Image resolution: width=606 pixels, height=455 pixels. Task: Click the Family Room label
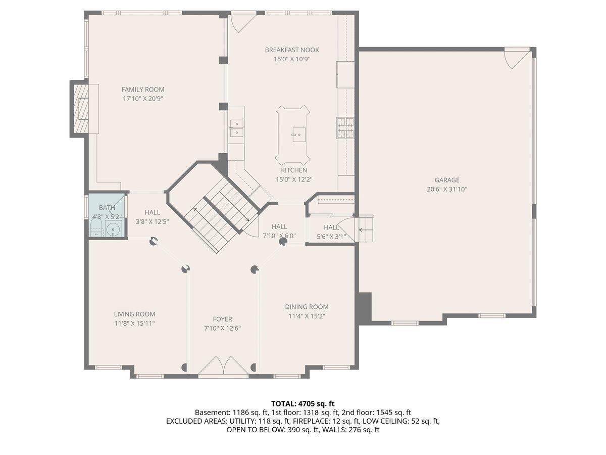142,89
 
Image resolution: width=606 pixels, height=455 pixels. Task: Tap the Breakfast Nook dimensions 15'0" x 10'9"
292,59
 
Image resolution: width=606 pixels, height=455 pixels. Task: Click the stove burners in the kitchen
345,127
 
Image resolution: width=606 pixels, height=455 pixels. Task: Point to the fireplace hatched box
81,108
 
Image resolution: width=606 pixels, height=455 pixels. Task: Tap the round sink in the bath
115,229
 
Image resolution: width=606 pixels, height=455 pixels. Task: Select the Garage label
447,180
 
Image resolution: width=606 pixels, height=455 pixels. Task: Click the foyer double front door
223,367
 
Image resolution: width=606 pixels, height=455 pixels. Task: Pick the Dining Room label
307,307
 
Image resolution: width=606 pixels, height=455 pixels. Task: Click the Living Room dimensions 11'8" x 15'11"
134,323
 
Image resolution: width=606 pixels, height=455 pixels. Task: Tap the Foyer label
222,319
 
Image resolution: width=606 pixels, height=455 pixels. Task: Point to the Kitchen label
294,170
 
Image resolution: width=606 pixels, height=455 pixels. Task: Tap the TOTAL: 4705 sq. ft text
303,403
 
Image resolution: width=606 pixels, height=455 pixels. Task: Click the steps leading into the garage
366,229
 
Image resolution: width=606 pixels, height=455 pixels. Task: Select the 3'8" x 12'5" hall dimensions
152,221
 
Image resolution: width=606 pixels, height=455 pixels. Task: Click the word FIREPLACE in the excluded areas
312,421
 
